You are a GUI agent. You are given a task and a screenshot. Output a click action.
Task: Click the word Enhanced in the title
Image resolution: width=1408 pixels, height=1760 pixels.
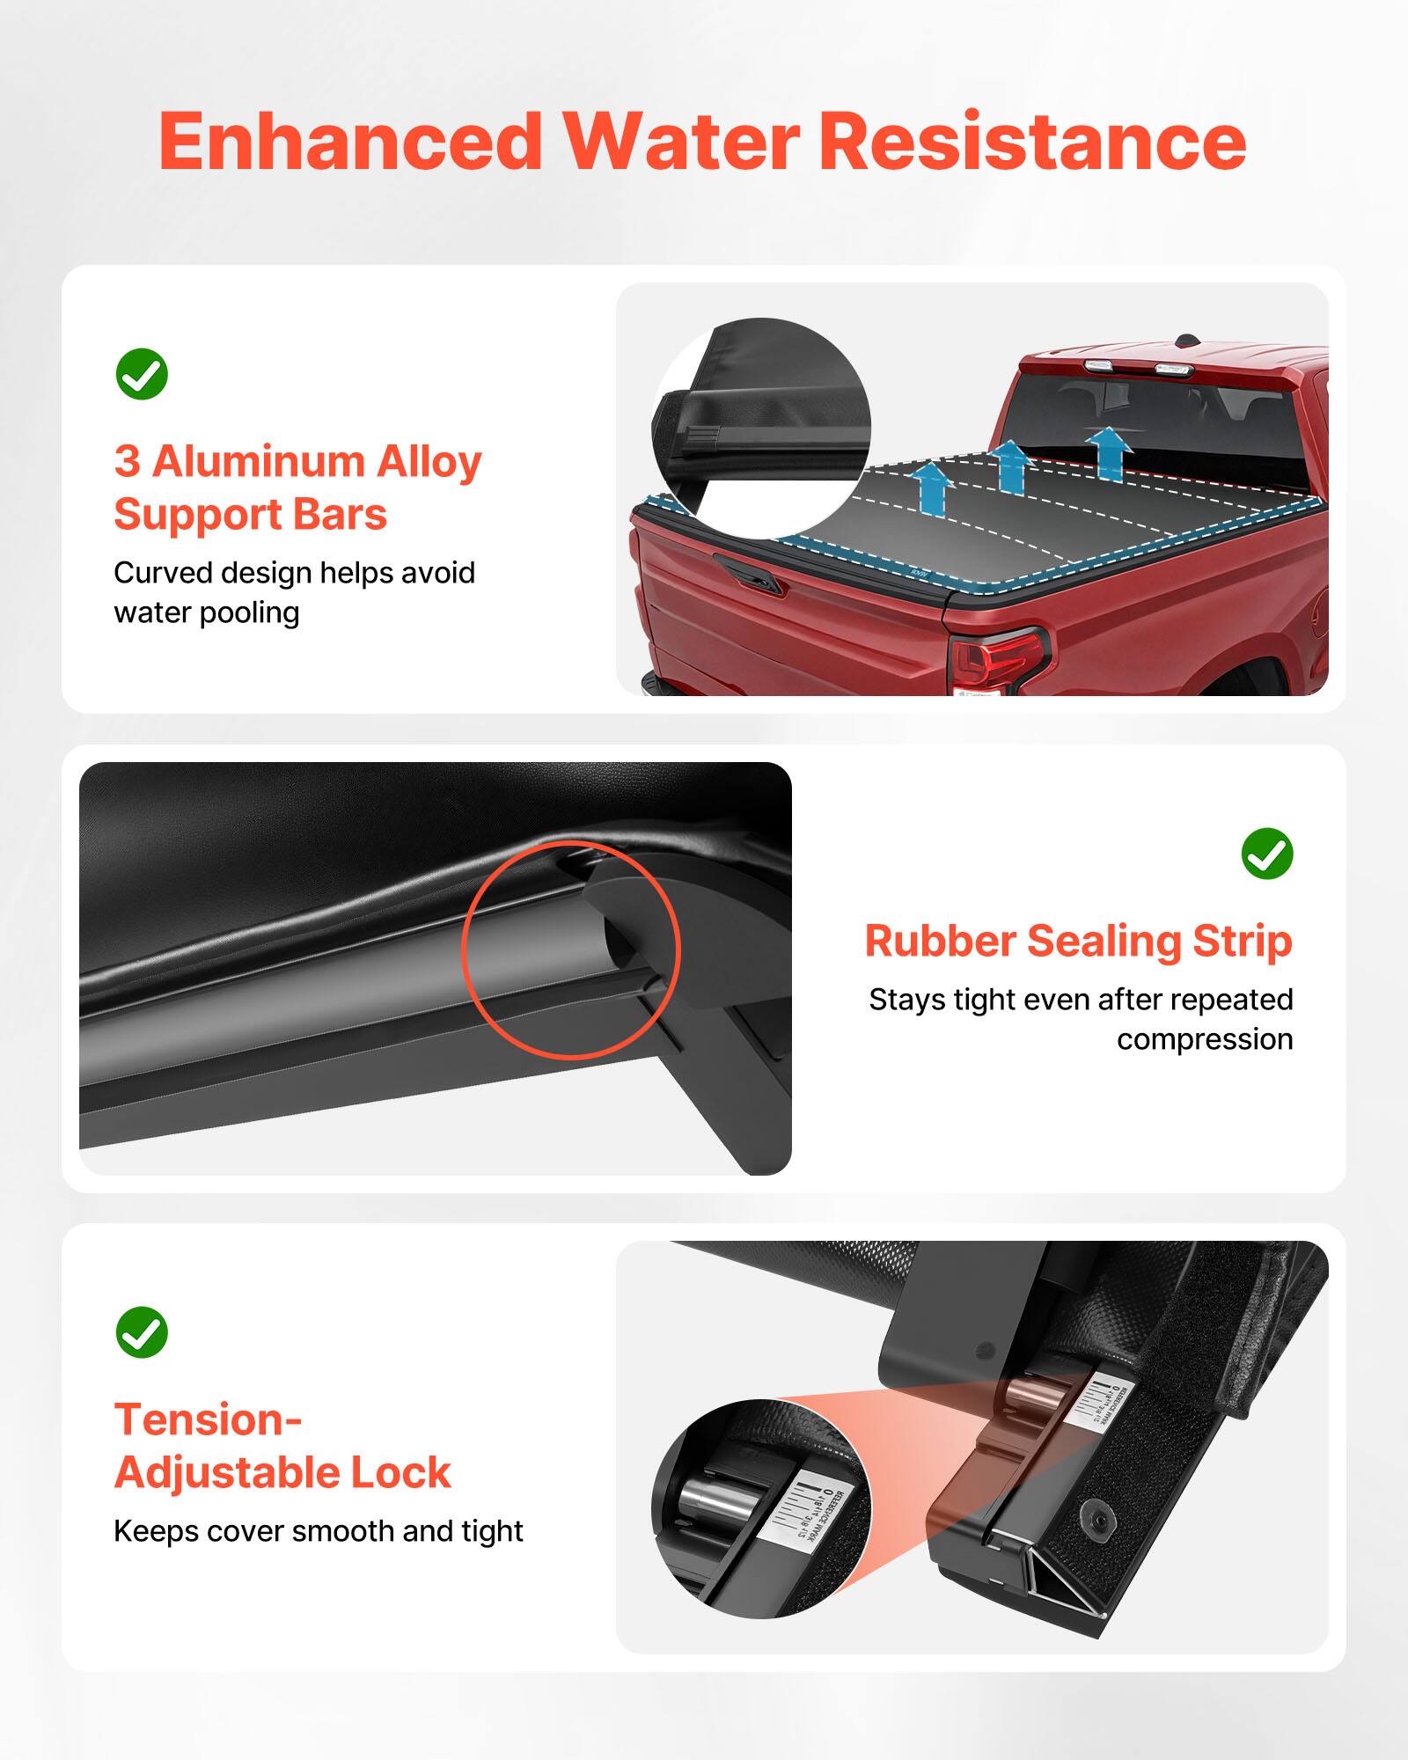(x=350, y=143)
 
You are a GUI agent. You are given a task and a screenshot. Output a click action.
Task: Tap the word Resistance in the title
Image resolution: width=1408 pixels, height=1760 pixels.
(x=1031, y=143)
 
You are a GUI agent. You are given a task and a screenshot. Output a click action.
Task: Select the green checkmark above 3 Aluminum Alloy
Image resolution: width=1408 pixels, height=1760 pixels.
(x=142, y=374)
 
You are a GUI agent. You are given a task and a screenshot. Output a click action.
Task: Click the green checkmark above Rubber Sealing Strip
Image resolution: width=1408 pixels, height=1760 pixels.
(x=1266, y=853)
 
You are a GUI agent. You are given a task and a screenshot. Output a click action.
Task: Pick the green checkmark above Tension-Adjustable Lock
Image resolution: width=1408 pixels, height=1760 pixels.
(x=142, y=1332)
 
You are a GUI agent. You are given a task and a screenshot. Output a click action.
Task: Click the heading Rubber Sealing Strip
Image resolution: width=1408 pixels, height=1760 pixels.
(x=1078, y=941)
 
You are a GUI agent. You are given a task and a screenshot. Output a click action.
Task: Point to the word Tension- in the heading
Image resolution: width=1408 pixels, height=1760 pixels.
(x=208, y=1419)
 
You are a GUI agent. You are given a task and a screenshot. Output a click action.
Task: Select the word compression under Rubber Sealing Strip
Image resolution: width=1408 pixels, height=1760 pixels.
(x=1204, y=1039)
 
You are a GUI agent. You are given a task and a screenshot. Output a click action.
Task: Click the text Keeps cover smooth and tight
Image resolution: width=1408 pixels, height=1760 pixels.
(x=318, y=1531)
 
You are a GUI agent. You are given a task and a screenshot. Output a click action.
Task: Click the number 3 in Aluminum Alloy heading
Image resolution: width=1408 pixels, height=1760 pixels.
(x=127, y=461)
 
